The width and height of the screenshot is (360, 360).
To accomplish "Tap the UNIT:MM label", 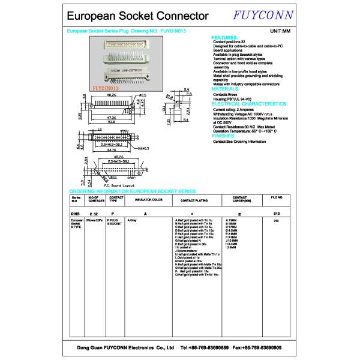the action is click(x=280, y=29).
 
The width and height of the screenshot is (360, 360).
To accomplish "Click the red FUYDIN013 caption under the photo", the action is click(x=107, y=87).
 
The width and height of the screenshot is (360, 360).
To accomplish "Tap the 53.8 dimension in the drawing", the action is click(x=112, y=121).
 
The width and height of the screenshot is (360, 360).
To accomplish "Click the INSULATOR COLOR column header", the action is click(x=149, y=199).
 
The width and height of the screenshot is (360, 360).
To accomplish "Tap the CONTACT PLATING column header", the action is click(x=193, y=199).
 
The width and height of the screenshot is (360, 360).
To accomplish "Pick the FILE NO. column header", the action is click(x=277, y=197).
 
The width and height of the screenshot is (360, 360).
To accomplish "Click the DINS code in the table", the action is click(x=75, y=214).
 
